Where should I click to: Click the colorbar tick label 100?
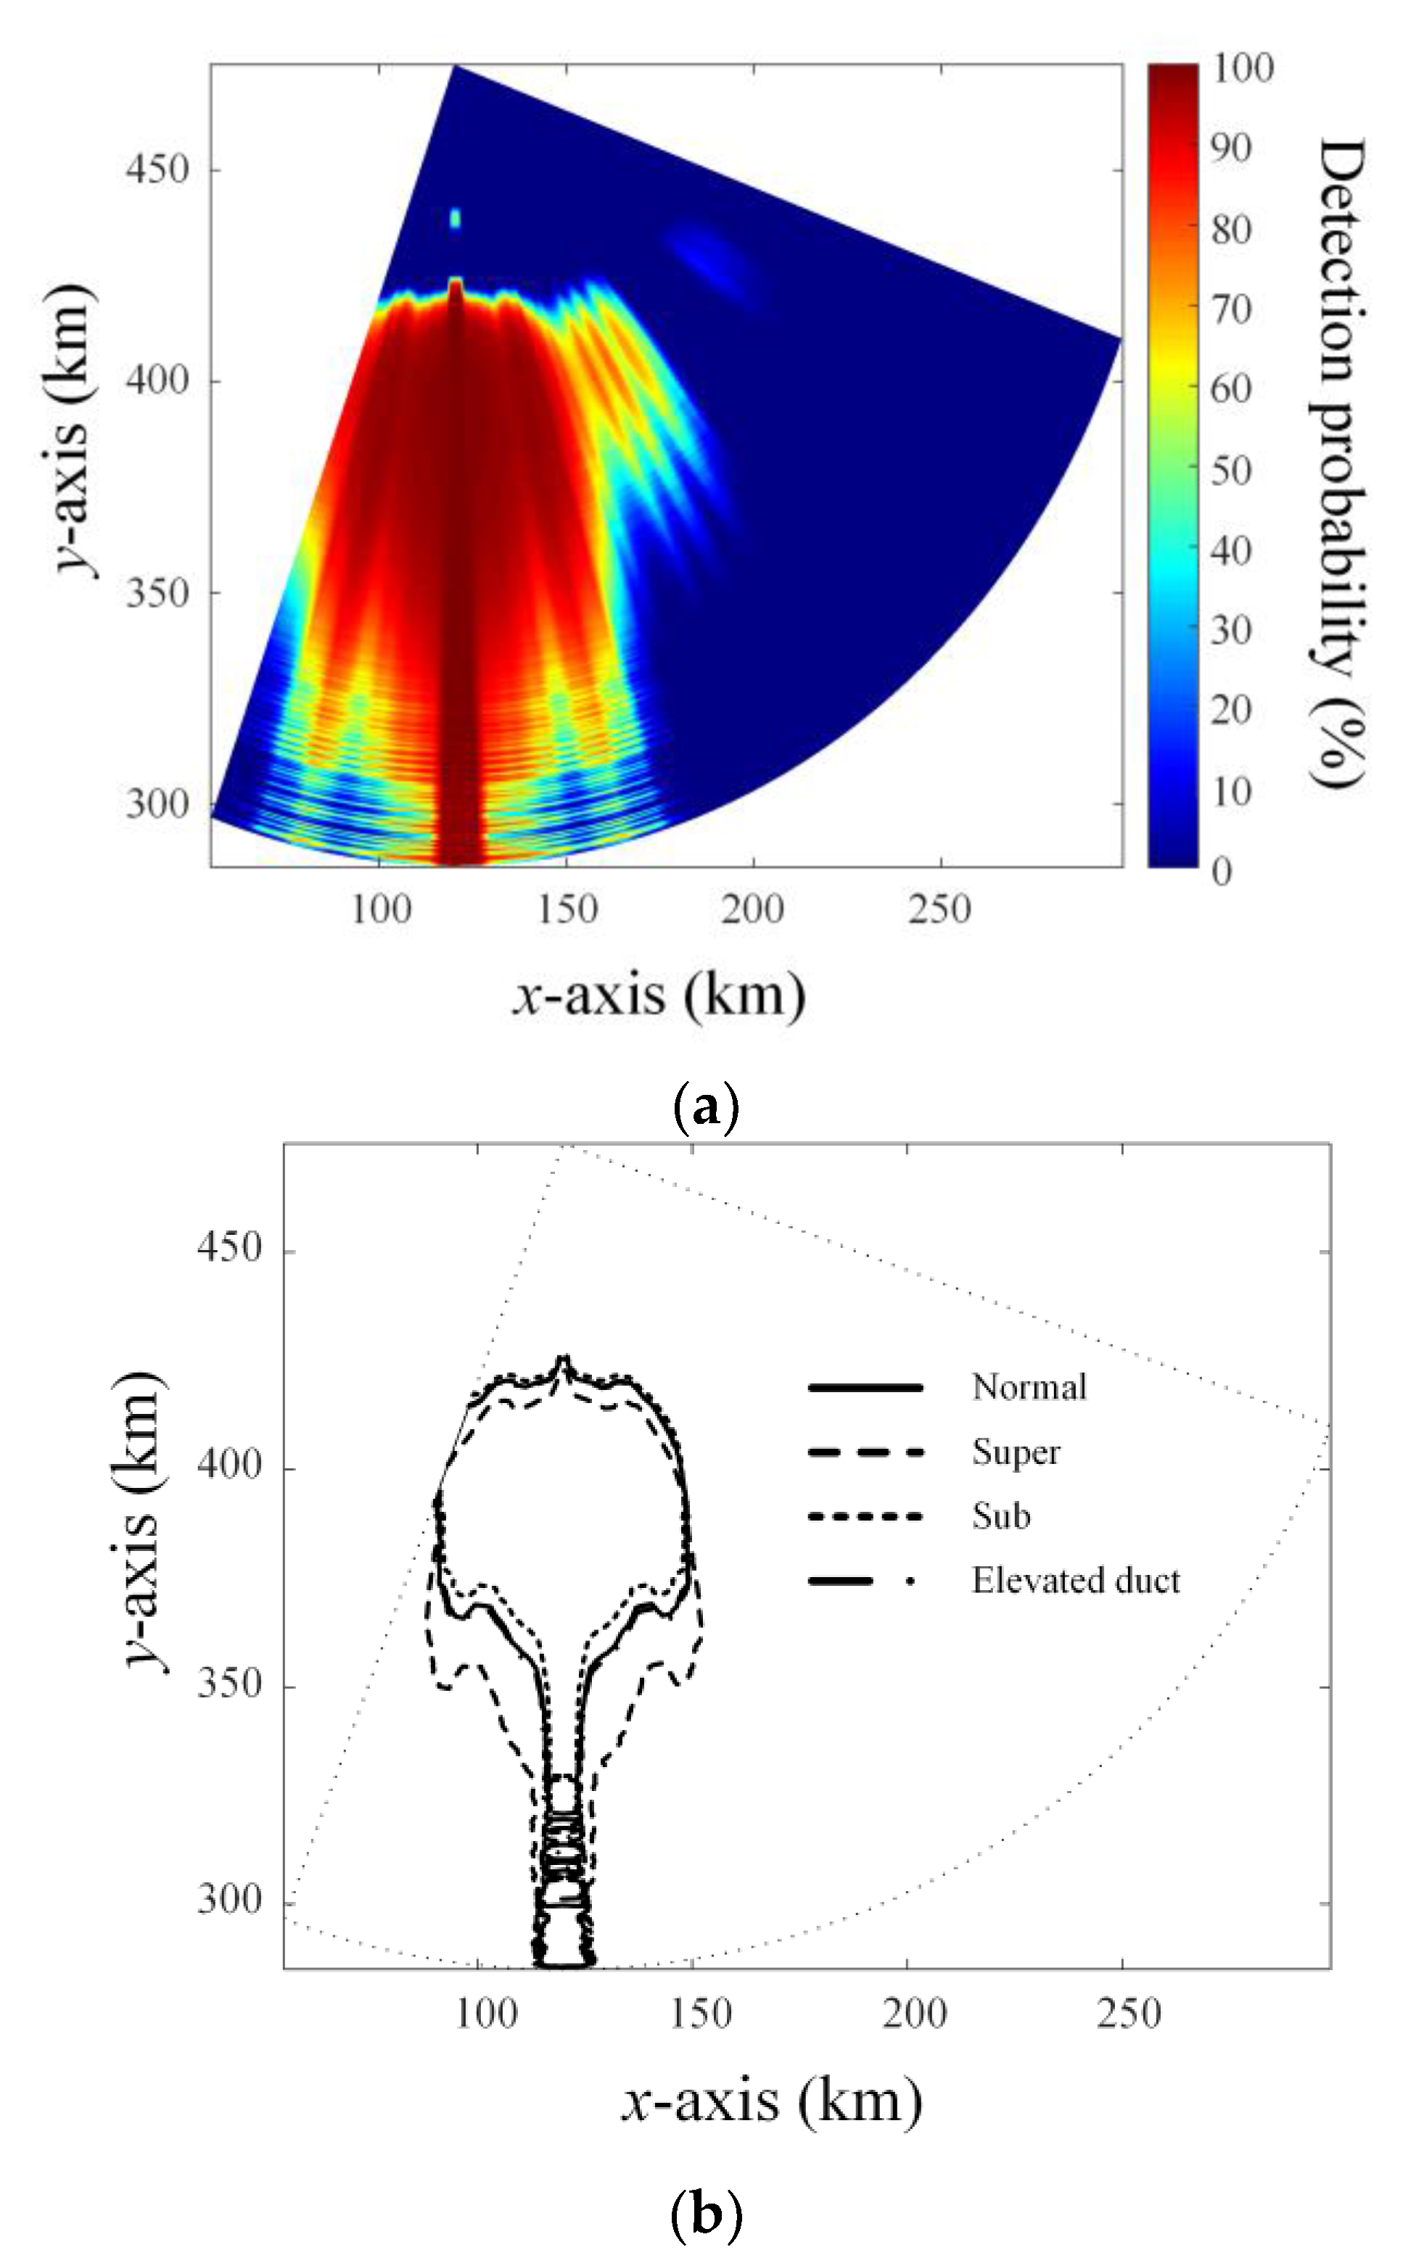click(x=1243, y=69)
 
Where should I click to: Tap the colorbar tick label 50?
click(x=1231, y=470)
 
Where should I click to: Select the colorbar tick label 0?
click(x=1221, y=872)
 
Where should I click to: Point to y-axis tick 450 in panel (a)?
click(x=157, y=170)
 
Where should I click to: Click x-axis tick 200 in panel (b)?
click(x=914, y=2014)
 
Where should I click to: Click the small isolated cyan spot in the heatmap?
click(x=455, y=219)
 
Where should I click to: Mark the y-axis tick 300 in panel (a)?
click(x=157, y=804)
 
